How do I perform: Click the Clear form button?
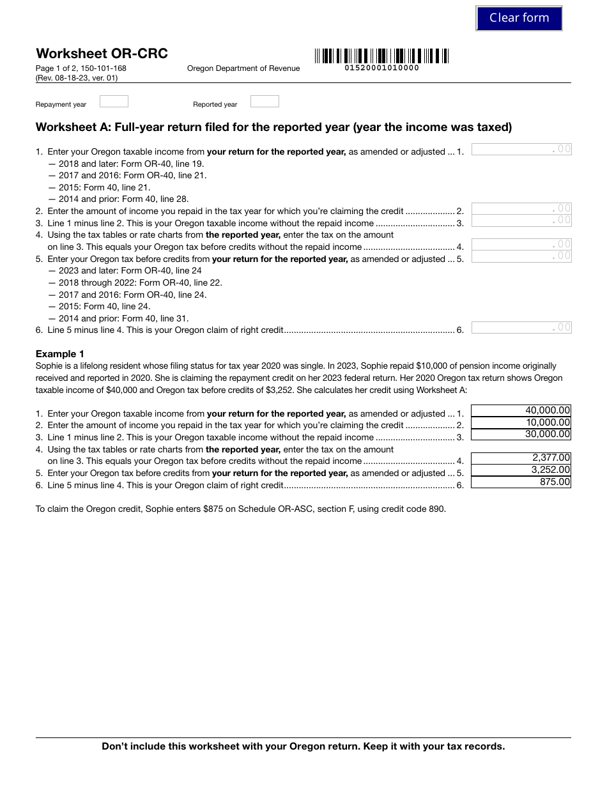(519, 18)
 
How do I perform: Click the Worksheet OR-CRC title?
(102, 54)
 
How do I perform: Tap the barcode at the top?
(381, 56)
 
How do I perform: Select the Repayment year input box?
(114, 102)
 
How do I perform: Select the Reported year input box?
(265, 102)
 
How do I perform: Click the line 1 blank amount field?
(521, 150)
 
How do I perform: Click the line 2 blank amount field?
(521, 208)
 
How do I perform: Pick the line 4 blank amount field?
(521, 244)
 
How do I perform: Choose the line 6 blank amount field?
(521, 328)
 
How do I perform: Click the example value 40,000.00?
(547, 410)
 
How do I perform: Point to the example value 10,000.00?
(547, 422)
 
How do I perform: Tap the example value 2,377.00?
(550, 458)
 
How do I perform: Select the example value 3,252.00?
(550, 470)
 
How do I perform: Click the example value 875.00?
(554, 482)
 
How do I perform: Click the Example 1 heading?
(60, 354)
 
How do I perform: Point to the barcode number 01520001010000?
(381, 68)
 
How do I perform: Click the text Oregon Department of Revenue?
(243, 68)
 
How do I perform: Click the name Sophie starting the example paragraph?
(49, 366)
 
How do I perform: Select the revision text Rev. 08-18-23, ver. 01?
(77, 78)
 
